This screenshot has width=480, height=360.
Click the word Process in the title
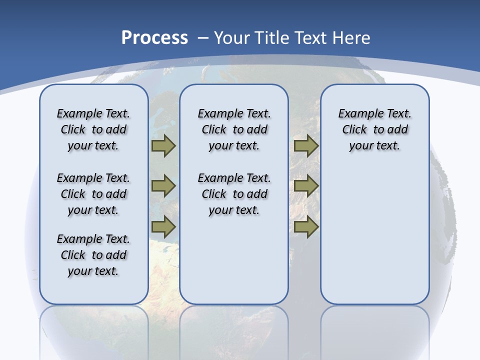point(154,38)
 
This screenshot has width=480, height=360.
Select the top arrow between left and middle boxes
point(163,146)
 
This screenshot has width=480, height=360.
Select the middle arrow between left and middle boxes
point(163,186)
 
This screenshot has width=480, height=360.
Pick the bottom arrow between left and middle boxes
point(163,226)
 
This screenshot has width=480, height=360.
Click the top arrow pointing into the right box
point(306,146)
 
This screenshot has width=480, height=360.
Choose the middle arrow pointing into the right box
point(306,186)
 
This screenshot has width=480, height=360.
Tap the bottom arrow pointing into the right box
point(306,226)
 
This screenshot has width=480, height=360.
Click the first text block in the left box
point(93,129)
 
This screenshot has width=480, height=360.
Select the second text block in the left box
point(93,194)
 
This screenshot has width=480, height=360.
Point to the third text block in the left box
point(93,255)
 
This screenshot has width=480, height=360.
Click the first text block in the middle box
point(234,129)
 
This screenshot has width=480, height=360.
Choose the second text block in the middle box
point(234,194)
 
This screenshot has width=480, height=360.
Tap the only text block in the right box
point(375,129)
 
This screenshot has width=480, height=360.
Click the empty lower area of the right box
point(375,240)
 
